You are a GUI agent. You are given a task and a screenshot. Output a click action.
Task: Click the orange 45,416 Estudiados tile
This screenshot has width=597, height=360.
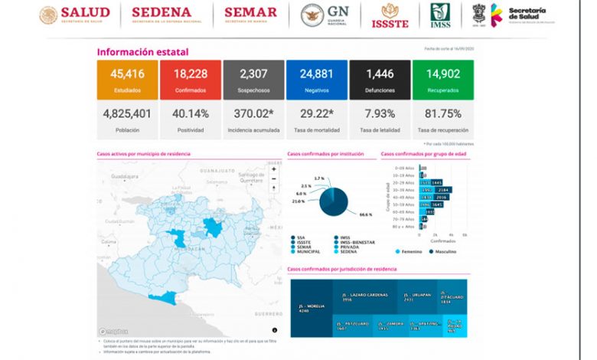[128, 80]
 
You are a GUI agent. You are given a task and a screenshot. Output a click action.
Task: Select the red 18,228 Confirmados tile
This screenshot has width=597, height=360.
[191, 80]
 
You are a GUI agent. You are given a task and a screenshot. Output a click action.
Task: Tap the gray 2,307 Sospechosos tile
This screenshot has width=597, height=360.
[253, 80]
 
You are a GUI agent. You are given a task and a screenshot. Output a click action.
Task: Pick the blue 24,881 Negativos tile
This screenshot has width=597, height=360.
[317, 80]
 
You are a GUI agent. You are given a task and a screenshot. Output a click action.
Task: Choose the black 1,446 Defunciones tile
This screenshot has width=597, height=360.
[380, 80]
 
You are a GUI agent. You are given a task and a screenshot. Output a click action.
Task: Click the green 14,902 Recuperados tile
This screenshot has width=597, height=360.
[443, 80]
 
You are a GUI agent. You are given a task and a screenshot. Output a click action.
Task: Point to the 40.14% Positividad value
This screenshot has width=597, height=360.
[191, 113]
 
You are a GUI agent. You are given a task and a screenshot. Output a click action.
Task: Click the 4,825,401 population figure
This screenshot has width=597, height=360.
[128, 113]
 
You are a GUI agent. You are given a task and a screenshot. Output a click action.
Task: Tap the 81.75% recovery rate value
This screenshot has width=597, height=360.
[443, 113]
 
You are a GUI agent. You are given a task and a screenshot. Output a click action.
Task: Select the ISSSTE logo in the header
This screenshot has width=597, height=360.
[390, 15]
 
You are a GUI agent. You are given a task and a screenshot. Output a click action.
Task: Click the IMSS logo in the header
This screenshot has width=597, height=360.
[440, 15]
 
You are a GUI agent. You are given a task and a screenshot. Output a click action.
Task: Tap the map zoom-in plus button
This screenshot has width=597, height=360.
[274, 169]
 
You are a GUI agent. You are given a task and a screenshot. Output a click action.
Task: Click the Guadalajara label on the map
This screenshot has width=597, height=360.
[127, 176]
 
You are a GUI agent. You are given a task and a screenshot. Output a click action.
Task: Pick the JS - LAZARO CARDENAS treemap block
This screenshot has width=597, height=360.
[364, 296]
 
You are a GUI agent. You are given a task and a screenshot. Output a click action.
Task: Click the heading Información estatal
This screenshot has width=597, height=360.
[142, 52]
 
